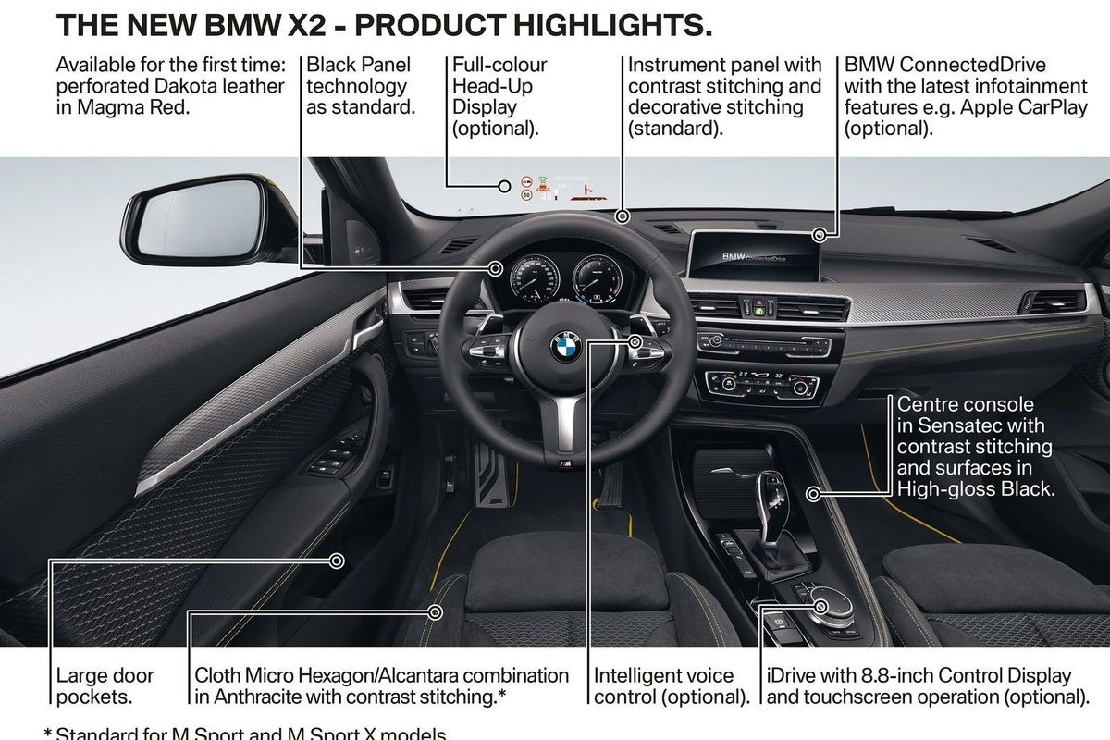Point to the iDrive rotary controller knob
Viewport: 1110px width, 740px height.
coord(820,593)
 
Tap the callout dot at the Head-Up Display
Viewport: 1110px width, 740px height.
coord(505,187)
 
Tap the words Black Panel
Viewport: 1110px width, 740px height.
coord(359,66)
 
